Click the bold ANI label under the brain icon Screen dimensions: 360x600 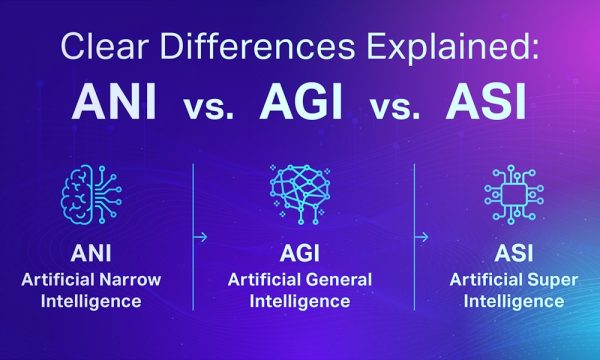pyautogui.click(x=91, y=251)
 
